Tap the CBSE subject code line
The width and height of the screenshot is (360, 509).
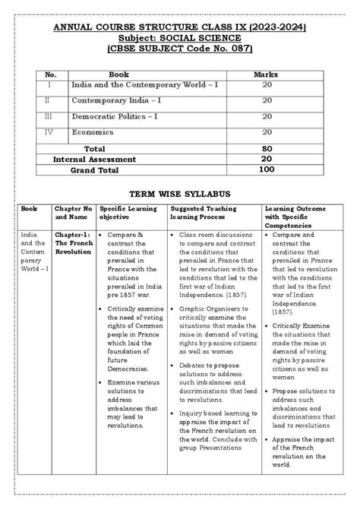(179, 50)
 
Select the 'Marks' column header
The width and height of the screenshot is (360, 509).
(267, 75)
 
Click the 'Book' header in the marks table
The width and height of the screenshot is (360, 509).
(118, 75)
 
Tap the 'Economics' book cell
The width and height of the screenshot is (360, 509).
(93, 131)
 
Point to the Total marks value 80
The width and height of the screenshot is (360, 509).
(267, 148)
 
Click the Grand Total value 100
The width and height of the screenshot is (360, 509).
(267, 170)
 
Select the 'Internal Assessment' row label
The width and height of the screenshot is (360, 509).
(94, 160)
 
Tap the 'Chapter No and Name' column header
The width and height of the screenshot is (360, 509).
(74, 212)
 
